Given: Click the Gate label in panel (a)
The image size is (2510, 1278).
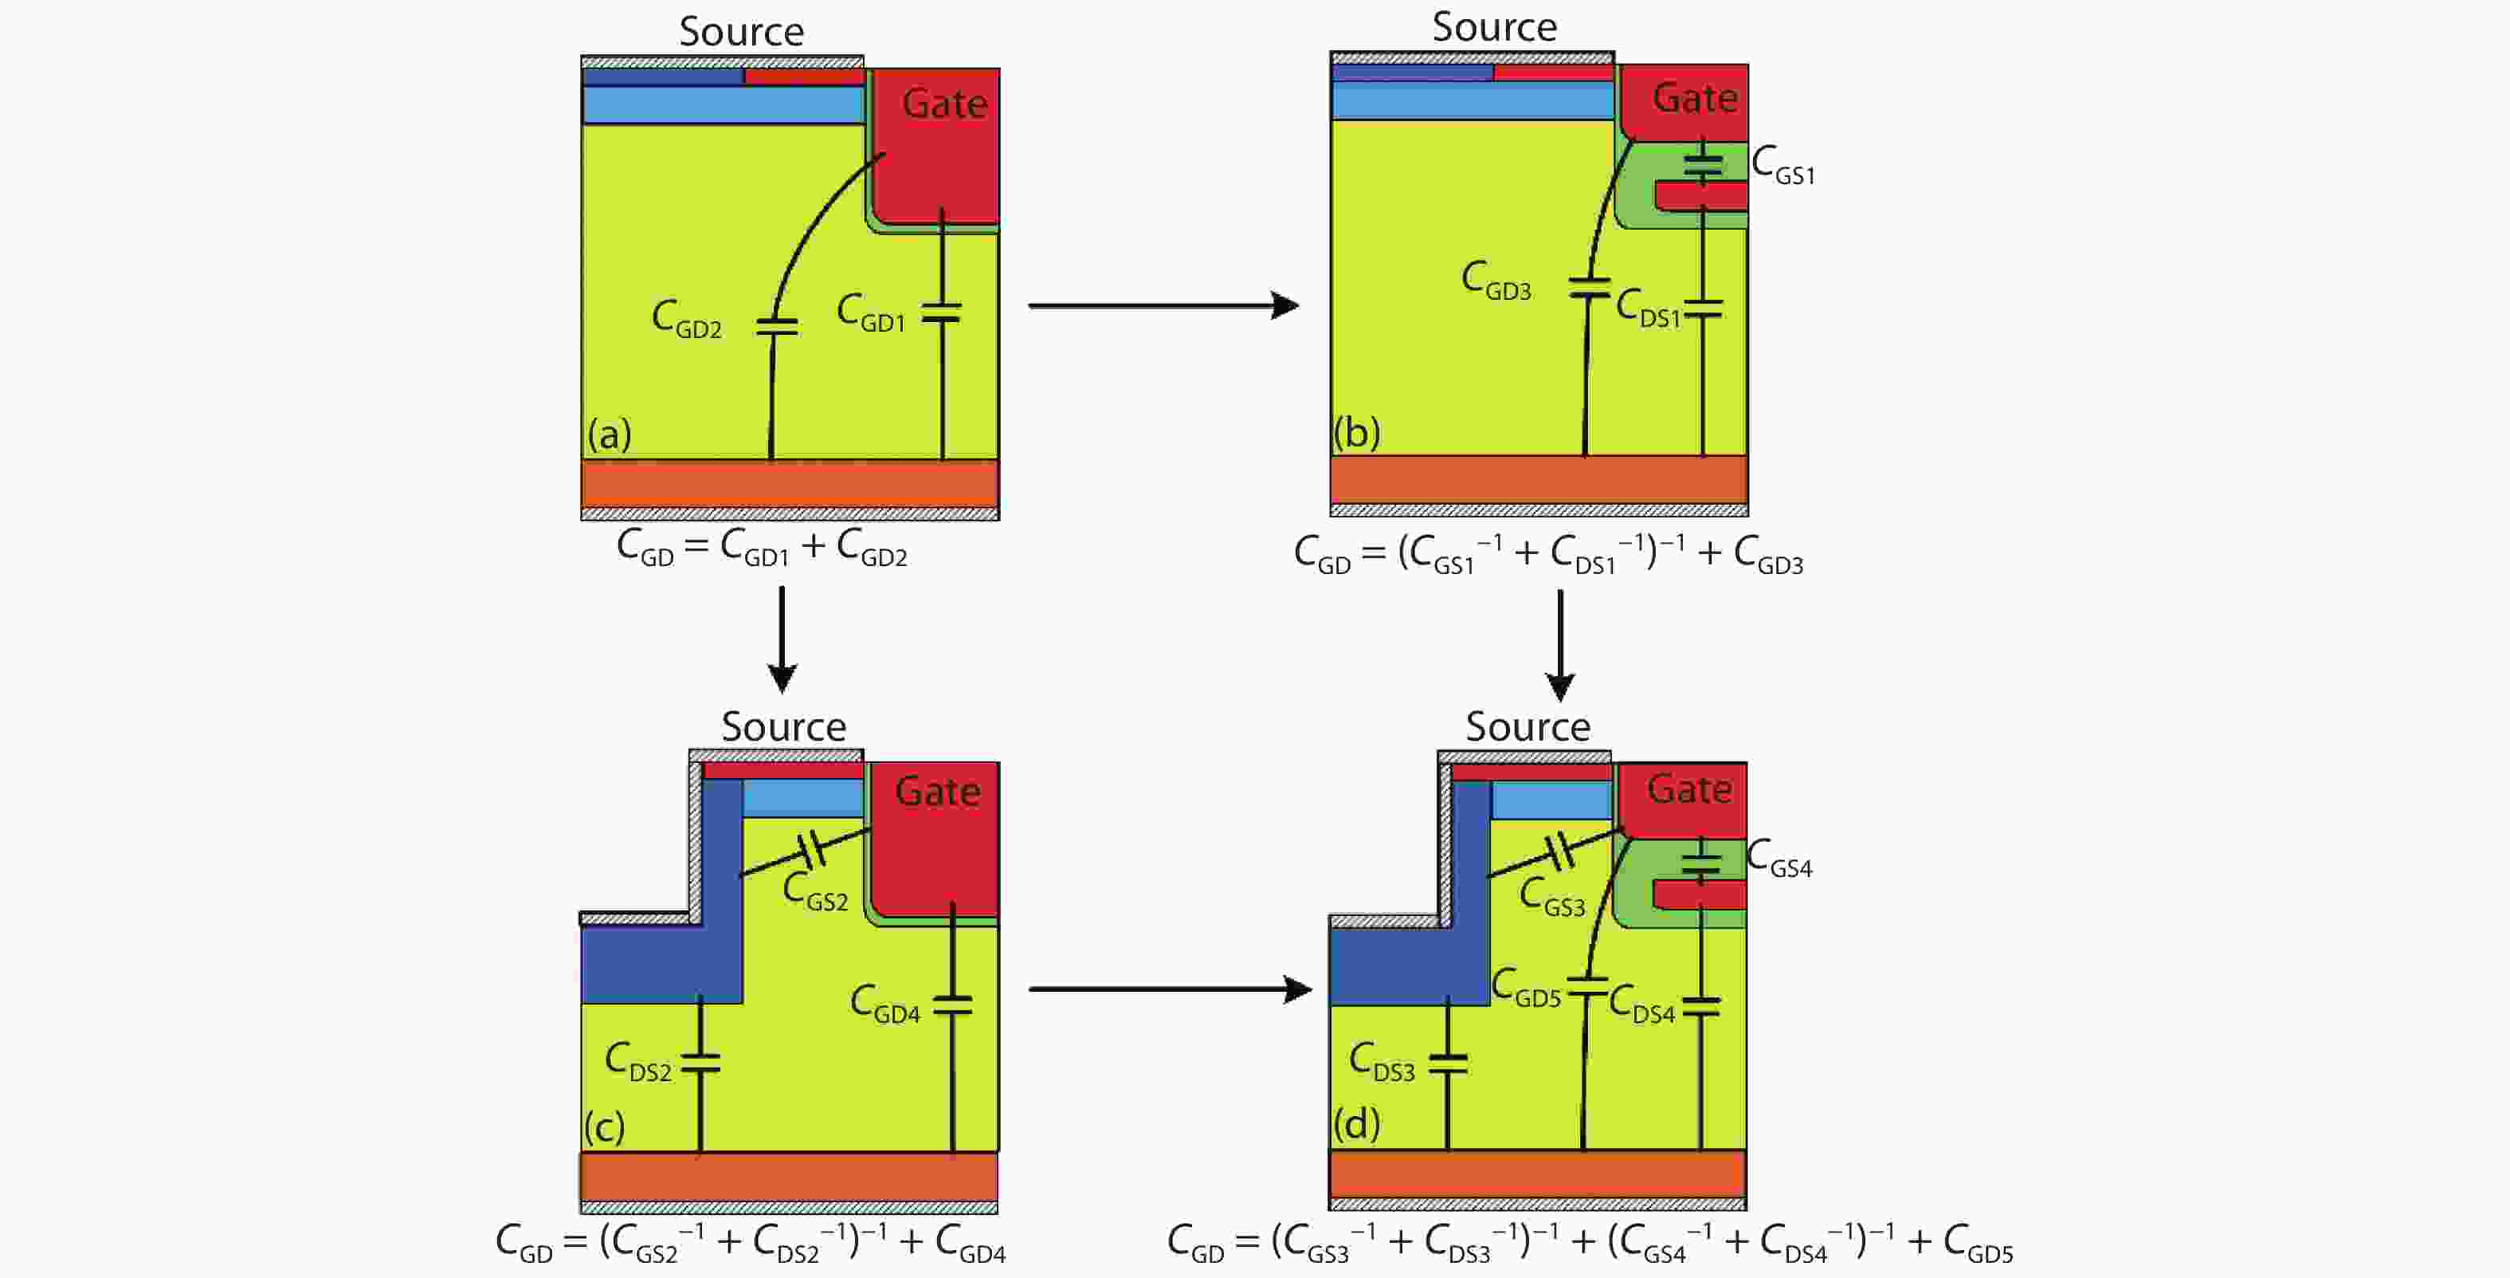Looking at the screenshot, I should coord(943,104).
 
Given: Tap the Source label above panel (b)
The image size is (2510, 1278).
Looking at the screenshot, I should coord(1494,27).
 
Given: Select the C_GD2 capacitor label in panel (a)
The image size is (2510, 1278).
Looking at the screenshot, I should coord(687,320).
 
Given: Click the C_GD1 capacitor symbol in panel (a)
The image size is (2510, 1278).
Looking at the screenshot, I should coord(941,313).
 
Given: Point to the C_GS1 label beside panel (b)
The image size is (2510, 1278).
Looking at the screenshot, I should coord(1782,166).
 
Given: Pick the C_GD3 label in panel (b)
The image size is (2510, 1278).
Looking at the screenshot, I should coord(1496,281).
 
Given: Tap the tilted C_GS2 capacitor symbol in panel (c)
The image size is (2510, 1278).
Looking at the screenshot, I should coord(812,850).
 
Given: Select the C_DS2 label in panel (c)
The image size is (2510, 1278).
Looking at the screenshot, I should coord(638,1062).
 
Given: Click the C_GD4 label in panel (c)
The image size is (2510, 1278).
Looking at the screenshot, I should coord(884,1004).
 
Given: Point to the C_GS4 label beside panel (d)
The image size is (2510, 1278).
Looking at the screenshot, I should coord(1779,859).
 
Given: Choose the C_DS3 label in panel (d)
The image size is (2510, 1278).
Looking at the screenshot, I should coord(1382,1062).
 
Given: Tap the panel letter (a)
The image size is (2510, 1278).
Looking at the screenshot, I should coord(609,434).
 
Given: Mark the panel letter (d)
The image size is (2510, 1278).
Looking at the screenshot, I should coord(1356,1125).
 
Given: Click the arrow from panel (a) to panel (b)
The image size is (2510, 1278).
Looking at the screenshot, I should coord(1163,306).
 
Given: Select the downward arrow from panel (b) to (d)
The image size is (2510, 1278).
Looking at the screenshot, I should coord(1560,644).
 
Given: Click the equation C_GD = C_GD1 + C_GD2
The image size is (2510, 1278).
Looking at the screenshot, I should coord(761,548).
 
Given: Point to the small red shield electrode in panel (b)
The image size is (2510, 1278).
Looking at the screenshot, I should coord(1700,196).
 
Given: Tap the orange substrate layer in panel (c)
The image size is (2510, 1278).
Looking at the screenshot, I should coord(788,1177).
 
